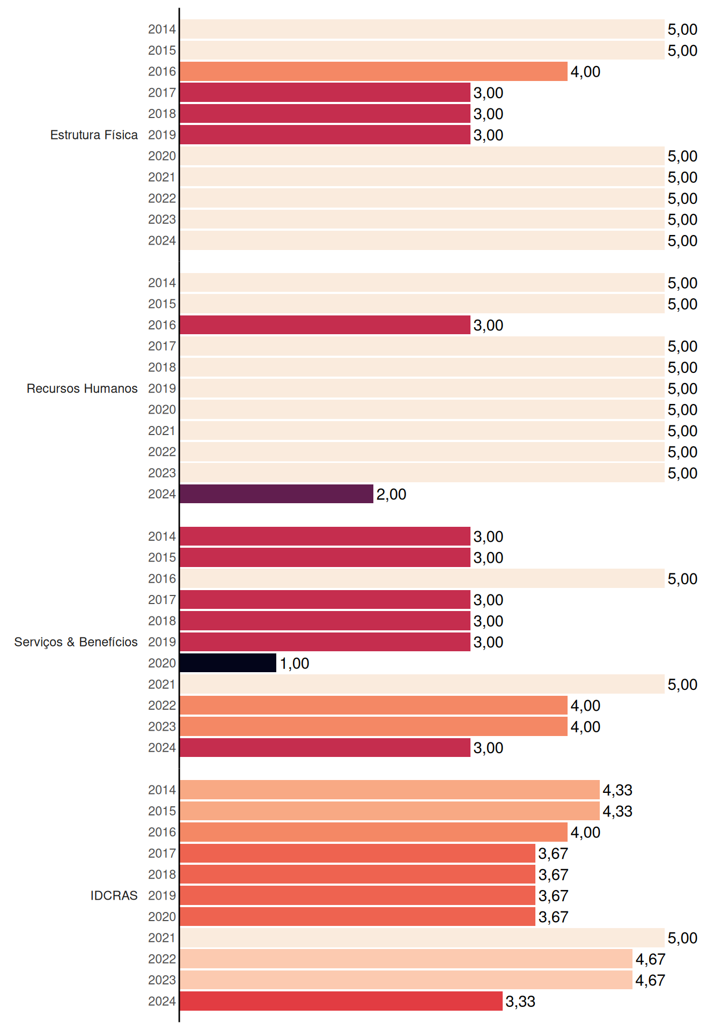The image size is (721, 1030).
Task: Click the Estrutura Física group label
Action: click(94, 135)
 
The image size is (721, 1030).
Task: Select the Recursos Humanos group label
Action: click(82, 388)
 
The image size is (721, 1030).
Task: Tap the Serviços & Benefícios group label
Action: click(76, 642)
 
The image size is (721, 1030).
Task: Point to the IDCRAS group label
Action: click(114, 895)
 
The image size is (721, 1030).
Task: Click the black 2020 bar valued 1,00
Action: click(228, 663)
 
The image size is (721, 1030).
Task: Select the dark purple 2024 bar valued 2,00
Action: click(276, 494)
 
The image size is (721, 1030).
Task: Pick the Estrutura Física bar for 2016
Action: click(373, 71)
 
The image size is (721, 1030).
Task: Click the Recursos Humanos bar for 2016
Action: click(325, 325)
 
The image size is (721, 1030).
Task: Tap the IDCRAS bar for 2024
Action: click(341, 1001)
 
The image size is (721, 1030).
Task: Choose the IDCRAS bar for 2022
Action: click(406, 959)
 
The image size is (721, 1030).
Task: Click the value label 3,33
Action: click(520, 1002)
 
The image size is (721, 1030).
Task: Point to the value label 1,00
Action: click(295, 664)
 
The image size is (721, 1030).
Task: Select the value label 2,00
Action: click(391, 495)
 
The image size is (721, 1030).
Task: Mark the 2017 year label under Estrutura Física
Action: click(162, 93)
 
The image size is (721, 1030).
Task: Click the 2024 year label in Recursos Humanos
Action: click(162, 494)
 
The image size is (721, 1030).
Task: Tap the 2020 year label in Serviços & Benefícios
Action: click(162, 663)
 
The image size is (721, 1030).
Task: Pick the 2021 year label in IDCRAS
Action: click(162, 938)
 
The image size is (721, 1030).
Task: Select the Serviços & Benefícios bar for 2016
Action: click(422, 578)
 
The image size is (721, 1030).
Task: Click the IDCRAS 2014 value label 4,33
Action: click(617, 790)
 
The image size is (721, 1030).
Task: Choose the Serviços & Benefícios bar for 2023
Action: click(373, 726)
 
